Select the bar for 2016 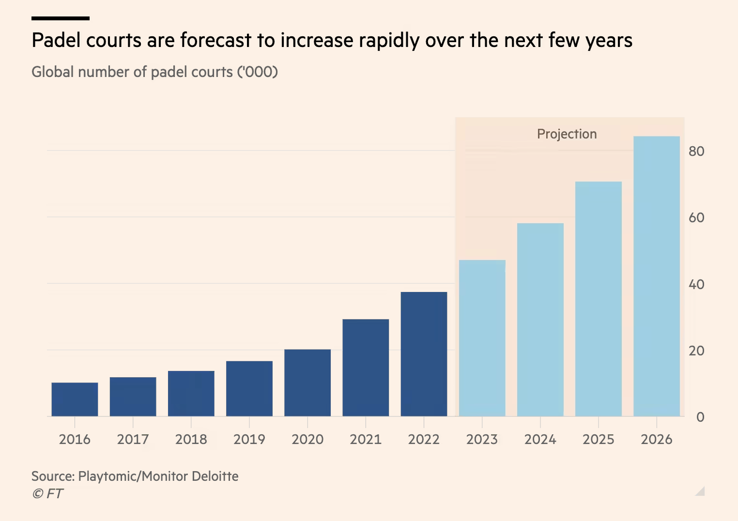pyautogui.click(x=75, y=399)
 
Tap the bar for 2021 pyautogui.click(x=366, y=368)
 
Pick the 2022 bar pyautogui.click(x=424, y=354)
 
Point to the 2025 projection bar pyautogui.click(x=598, y=299)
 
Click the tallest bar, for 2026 pyautogui.click(x=656, y=276)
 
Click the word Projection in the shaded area pyautogui.click(x=567, y=134)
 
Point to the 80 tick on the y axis pyautogui.click(x=696, y=152)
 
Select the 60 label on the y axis pyautogui.click(x=696, y=218)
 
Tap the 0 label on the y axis pyautogui.click(x=700, y=417)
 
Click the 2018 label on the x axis pyautogui.click(x=191, y=440)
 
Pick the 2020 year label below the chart pyautogui.click(x=307, y=440)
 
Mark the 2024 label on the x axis pyautogui.click(x=540, y=440)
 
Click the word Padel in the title pyautogui.click(x=56, y=40)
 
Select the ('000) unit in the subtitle pyautogui.click(x=257, y=72)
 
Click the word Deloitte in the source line pyautogui.click(x=215, y=476)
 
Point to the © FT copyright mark pyautogui.click(x=47, y=494)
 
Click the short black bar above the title pyautogui.click(x=61, y=18)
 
